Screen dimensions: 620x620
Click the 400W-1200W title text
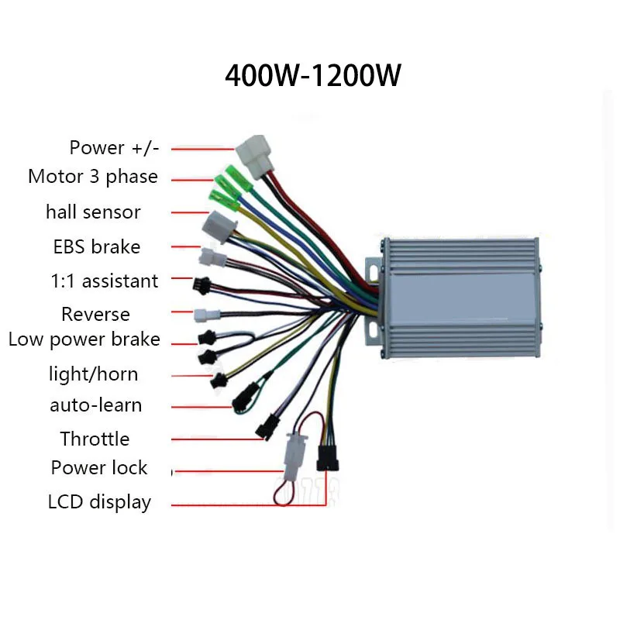pyautogui.click(x=312, y=76)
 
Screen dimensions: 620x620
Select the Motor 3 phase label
pyautogui.click(x=93, y=177)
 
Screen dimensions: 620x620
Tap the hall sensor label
pyautogui.click(x=93, y=212)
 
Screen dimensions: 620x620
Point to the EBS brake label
pyautogui.click(x=96, y=246)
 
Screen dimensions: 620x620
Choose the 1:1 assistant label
pyautogui.click(x=104, y=281)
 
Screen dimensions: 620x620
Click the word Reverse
pyautogui.click(x=95, y=314)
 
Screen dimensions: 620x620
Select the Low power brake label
pyautogui.click(x=84, y=339)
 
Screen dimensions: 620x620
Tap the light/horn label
pyautogui.click(x=93, y=374)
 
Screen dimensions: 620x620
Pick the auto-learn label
pyautogui.click(x=96, y=405)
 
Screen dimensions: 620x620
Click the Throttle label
pyautogui.click(x=95, y=439)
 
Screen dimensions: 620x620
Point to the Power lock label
pyautogui.click(x=99, y=468)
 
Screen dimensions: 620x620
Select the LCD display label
pyautogui.click(x=99, y=502)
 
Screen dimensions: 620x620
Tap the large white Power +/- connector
pyautogui.click(x=253, y=153)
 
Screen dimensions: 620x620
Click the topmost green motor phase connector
pyautogui.click(x=234, y=176)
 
